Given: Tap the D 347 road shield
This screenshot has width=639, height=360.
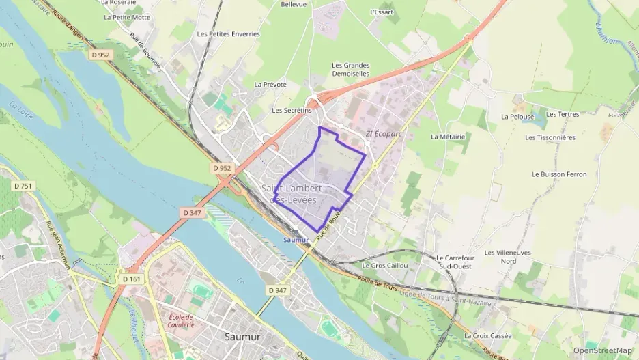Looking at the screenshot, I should (x=193, y=213).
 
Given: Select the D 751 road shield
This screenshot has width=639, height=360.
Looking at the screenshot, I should (x=23, y=186).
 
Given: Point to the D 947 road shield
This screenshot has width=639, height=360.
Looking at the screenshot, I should (x=277, y=290).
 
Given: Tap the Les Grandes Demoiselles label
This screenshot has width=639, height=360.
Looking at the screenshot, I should (x=350, y=70).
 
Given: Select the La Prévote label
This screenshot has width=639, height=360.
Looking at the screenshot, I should (x=270, y=85).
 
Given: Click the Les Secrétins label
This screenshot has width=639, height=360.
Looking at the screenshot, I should (x=292, y=110).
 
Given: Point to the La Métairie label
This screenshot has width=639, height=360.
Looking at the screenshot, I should (x=448, y=137).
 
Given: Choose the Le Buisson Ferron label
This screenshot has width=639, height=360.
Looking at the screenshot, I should (x=558, y=174).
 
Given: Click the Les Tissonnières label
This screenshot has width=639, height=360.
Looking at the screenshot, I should (x=550, y=137).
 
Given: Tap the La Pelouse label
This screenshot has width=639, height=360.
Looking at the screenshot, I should (x=517, y=117).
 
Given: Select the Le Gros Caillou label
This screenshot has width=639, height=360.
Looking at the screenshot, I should (x=385, y=265).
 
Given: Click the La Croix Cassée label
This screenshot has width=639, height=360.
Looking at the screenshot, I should (x=487, y=335).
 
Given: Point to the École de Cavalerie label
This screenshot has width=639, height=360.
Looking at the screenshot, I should (x=181, y=320).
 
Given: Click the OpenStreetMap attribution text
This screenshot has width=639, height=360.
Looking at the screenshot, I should (x=602, y=350).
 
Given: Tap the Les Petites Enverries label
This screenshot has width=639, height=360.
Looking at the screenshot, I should (x=228, y=33).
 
